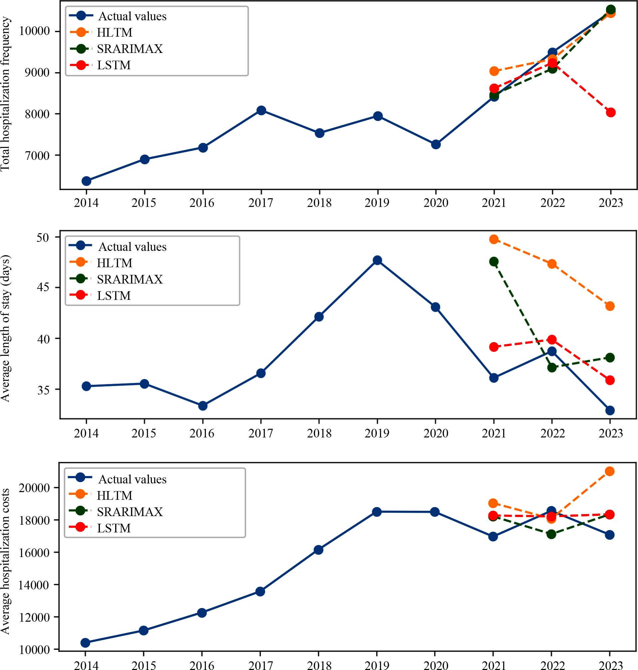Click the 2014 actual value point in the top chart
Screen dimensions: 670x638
coord(86,181)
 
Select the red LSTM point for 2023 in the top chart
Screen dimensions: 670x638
coord(610,113)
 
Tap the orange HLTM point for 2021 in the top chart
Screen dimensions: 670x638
coord(494,71)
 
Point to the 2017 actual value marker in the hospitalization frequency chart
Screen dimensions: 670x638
coord(261,111)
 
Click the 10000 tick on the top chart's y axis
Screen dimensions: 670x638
coord(34,31)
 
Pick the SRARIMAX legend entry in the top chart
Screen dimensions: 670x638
coord(130,49)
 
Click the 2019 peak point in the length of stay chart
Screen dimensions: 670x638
coord(377,260)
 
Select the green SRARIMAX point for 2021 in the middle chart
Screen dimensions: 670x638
coord(494,262)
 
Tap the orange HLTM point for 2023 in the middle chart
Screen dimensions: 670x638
coord(610,306)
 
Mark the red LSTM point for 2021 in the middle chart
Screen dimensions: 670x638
coord(494,347)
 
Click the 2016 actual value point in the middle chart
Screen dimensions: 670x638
coord(203,405)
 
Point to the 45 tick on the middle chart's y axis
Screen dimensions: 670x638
coord(43,288)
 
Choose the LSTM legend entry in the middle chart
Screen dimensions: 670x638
coord(114,296)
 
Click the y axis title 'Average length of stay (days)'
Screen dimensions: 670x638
coord(5,329)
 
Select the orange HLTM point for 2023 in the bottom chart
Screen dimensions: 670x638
coord(609,471)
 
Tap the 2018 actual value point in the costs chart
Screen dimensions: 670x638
coord(318,550)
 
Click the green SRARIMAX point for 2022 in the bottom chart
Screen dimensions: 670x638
coord(551,534)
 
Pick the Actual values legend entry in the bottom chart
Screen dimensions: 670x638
coord(132,479)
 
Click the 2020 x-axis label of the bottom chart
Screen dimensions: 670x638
coord(435,665)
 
